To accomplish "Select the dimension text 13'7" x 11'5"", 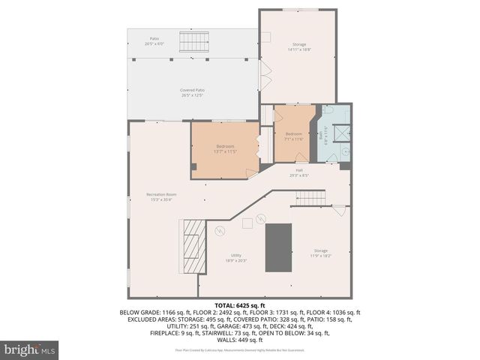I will click(226, 151).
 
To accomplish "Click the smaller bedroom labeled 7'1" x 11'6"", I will click(293, 137).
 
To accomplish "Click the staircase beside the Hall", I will click(310, 198).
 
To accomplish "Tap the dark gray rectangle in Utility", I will click(277, 247).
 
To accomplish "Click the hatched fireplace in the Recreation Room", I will click(194, 247).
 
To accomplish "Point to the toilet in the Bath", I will click(328, 109).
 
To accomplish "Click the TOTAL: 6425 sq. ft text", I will click(240, 305).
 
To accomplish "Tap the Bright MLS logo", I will click(30, 349).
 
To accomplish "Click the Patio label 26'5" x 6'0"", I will click(154, 41).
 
